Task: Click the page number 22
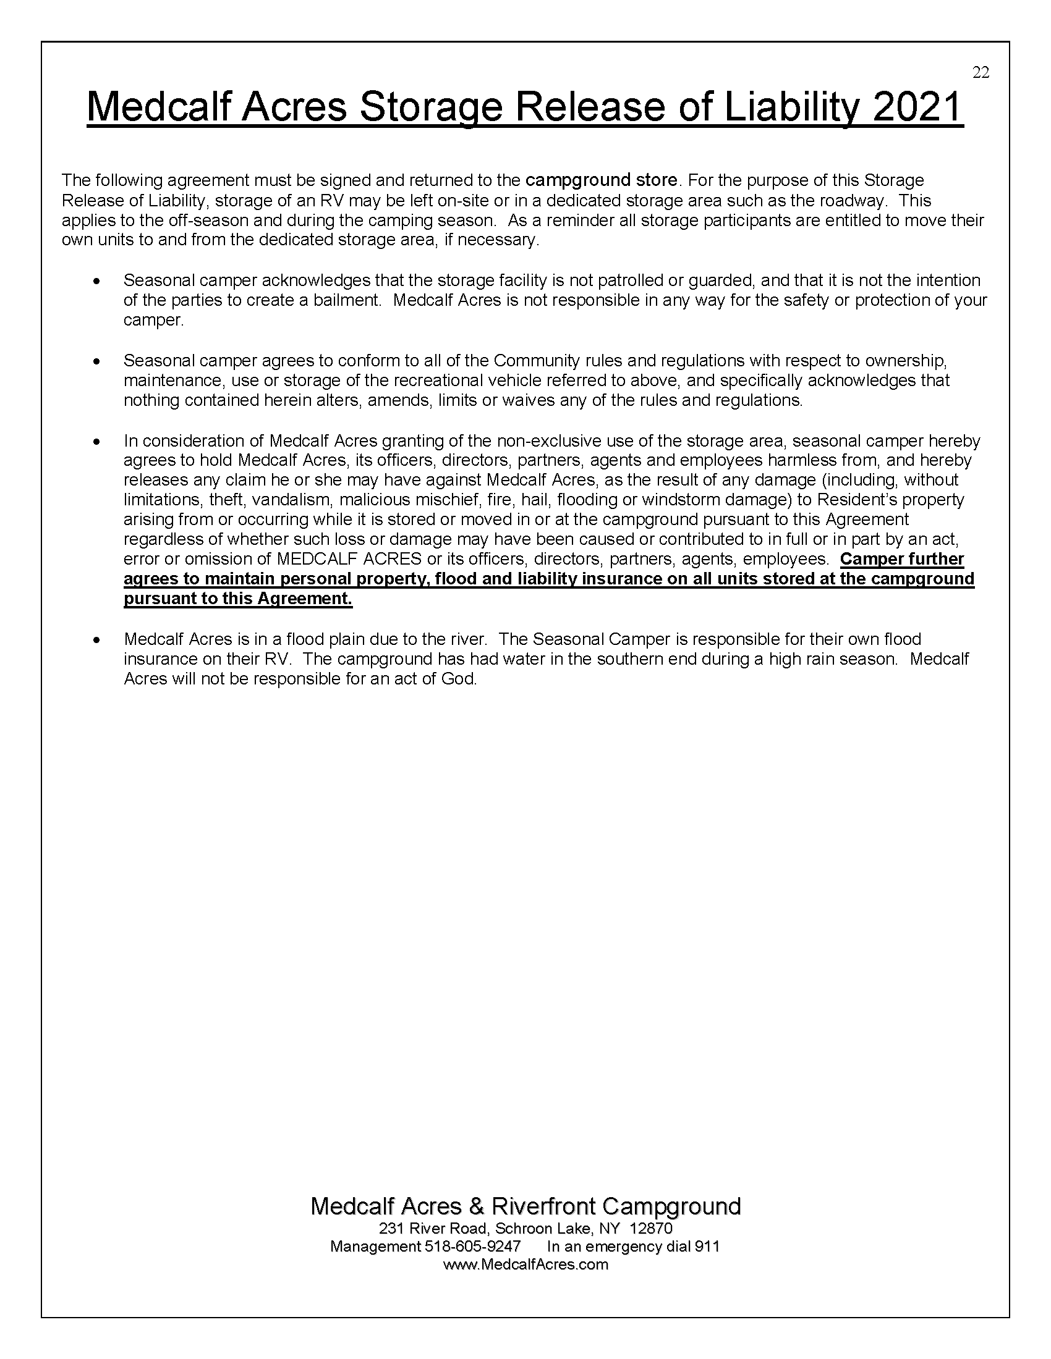981,73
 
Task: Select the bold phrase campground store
601,180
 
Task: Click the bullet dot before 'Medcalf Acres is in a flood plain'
96,640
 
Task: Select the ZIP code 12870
651,1228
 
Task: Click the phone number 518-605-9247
472,1247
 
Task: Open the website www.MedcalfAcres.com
525,1264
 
